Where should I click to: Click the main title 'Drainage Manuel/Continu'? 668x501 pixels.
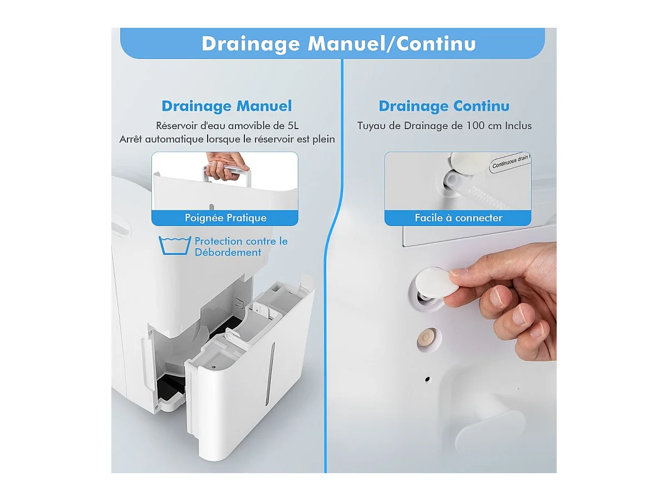(338, 44)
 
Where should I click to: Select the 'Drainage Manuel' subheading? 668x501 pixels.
(227, 106)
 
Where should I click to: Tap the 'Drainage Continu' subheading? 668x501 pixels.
(444, 106)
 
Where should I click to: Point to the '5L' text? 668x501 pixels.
(293, 126)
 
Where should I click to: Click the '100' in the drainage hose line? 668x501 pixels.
(475, 126)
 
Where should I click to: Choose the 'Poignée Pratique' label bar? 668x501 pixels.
(225, 218)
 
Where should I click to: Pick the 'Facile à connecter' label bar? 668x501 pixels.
(458, 218)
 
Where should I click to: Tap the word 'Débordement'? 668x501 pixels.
(228, 252)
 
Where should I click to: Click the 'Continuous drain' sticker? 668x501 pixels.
(510, 163)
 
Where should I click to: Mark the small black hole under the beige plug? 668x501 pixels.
(428, 379)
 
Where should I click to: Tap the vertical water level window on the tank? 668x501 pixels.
(270, 374)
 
